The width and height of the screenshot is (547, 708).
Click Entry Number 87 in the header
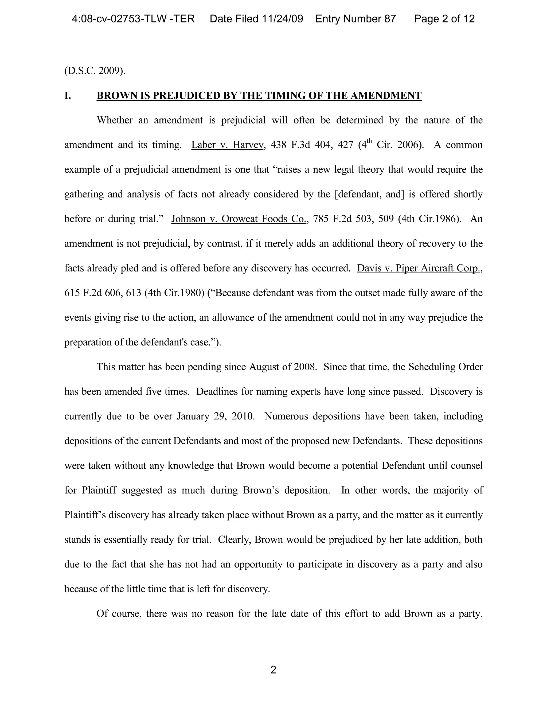[x=355, y=19]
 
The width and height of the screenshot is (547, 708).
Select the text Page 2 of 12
[x=444, y=19]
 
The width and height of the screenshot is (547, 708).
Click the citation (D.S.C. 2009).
[x=95, y=71]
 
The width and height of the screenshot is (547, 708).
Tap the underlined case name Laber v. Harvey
[x=228, y=145]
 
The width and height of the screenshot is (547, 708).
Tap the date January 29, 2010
[x=215, y=416]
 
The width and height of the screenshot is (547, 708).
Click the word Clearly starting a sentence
[x=235, y=540]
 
